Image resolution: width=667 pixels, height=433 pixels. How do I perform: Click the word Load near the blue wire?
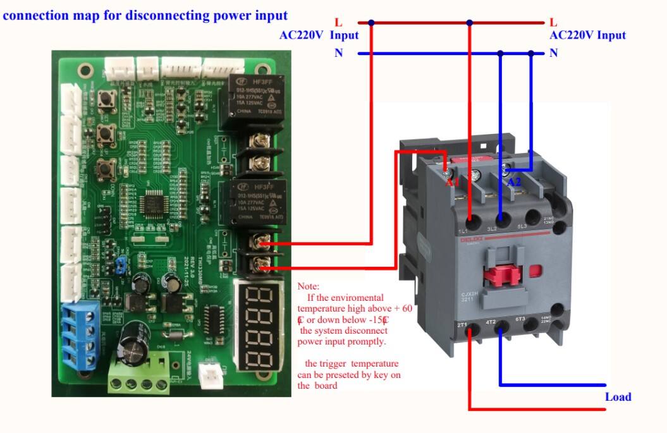tap(618, 397)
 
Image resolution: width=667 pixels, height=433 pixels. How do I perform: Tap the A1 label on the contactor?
tap(451, 182)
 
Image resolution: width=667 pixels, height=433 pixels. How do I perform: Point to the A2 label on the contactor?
tap(515, 182)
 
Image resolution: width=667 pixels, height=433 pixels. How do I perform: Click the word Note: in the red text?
tap(309, 286)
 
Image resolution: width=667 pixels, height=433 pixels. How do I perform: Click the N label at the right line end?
tap(554, 53)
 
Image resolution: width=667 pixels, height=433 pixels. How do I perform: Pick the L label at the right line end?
tap(554, 23)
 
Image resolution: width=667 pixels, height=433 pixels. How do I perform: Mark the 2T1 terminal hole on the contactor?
tap(472, 329)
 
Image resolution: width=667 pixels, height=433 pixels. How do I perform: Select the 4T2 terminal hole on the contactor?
tap(501, 329)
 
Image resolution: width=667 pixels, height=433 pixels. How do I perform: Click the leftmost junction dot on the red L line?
tap(371, 23)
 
